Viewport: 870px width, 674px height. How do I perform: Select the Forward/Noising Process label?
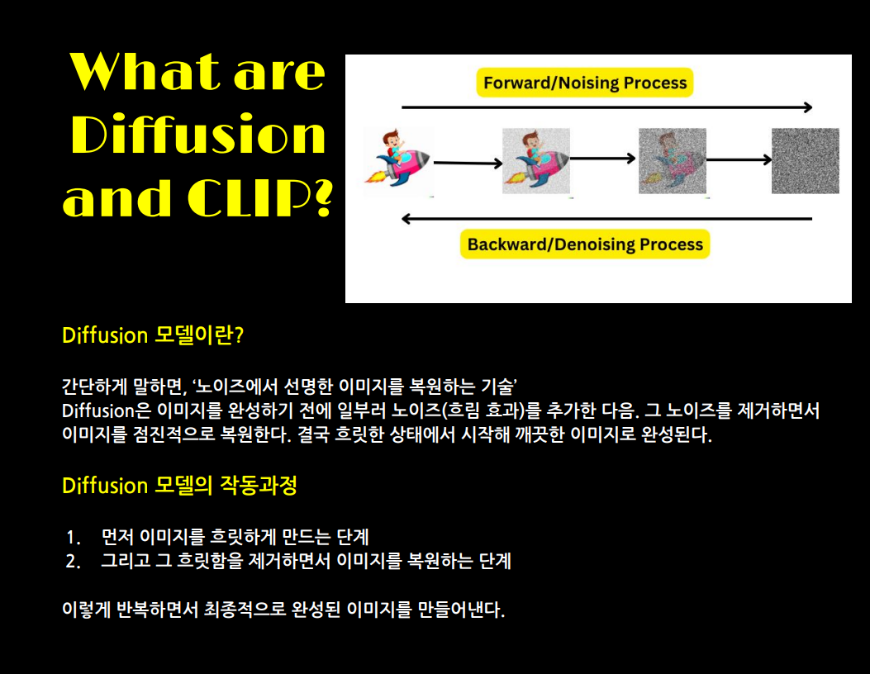tap(585, 83)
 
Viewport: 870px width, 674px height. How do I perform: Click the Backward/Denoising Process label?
tap(585, 244)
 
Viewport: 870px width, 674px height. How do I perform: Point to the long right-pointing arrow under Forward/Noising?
tap(606, 107)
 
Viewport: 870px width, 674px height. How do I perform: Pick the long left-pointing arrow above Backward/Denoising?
tap(606, 219)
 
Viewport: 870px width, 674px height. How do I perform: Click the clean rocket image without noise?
tap(398, 161)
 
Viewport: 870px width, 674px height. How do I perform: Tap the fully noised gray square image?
tap(805, 161)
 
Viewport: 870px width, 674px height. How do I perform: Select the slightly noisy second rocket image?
tap(536, 161)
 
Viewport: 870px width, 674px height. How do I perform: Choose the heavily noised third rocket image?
tap(672, 161)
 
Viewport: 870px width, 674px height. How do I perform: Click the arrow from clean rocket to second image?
tap(468, 164)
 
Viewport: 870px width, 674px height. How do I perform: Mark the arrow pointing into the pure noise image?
tap(738, 159)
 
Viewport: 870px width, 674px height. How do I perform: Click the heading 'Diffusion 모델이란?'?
tap(154, 336)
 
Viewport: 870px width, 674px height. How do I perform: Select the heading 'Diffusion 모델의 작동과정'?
tap(179, 486)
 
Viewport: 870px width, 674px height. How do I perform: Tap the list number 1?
tap(74, 538)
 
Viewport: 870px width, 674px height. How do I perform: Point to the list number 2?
tap(74, 562)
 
